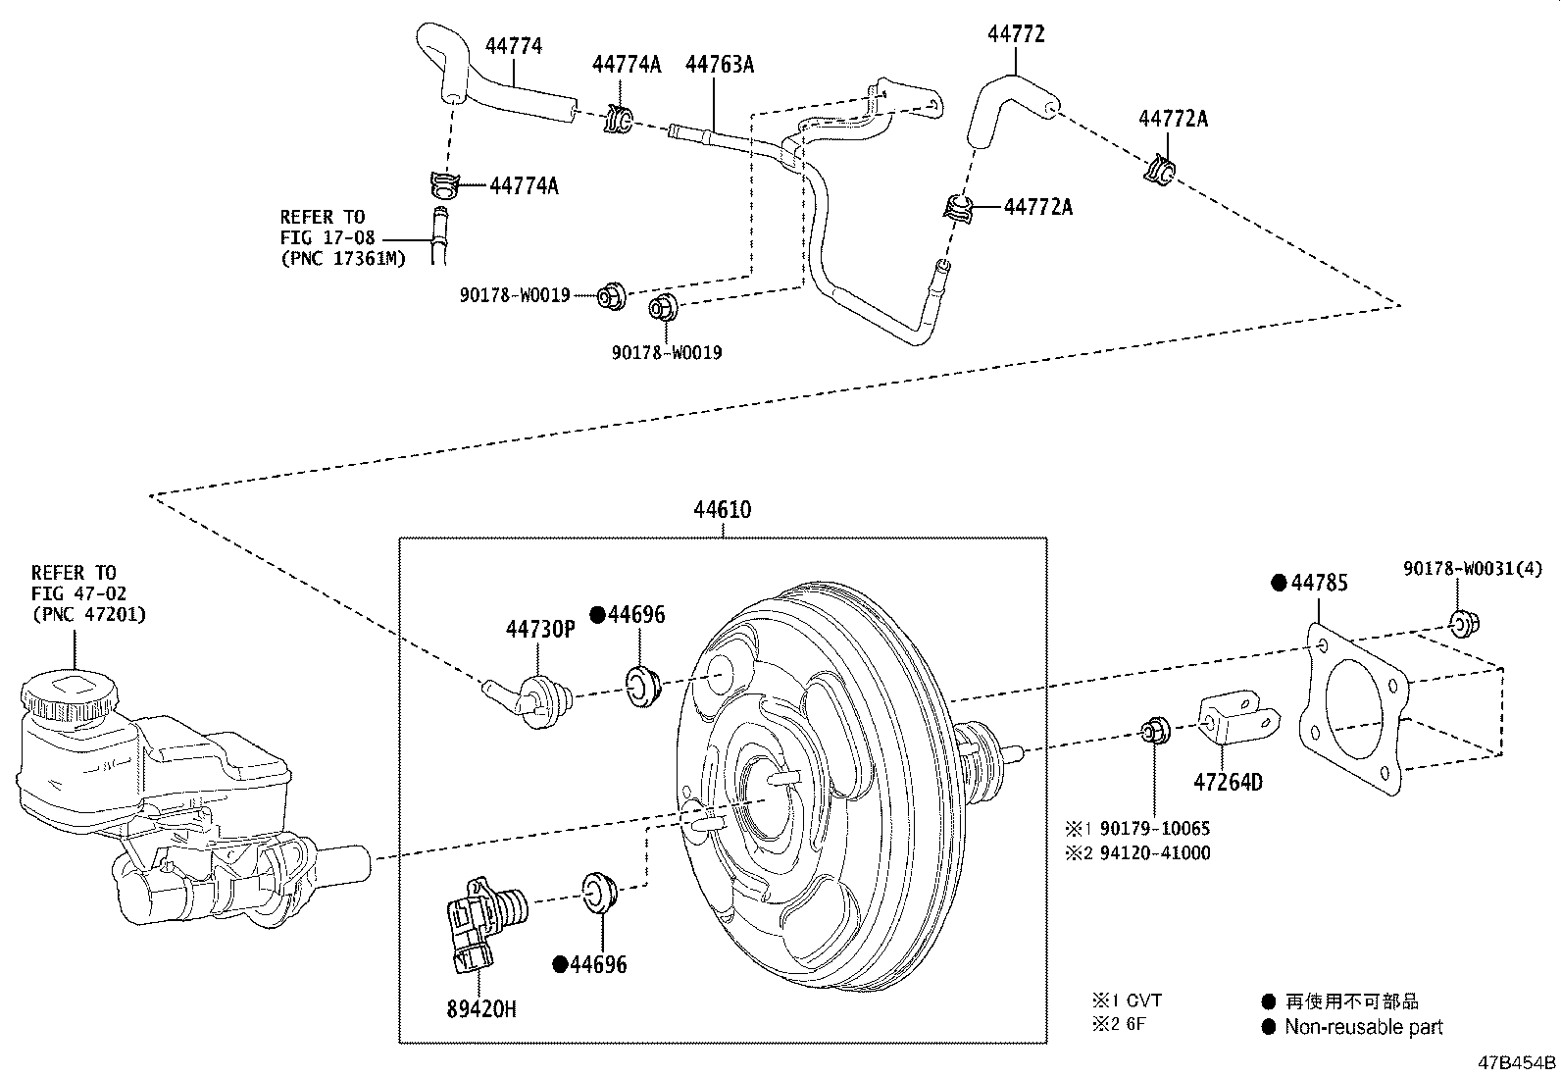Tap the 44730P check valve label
click(x=540, y=628)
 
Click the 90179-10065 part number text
click(x=1155, y=829)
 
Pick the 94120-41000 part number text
click(x=1155, y=853)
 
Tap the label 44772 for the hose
click(x=1016, y=34)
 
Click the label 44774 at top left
click(x=513, y=46)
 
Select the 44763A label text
click(x=719, y=65)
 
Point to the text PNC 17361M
click(x=342, y=259)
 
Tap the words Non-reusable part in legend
click(x=1364, y=1028)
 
